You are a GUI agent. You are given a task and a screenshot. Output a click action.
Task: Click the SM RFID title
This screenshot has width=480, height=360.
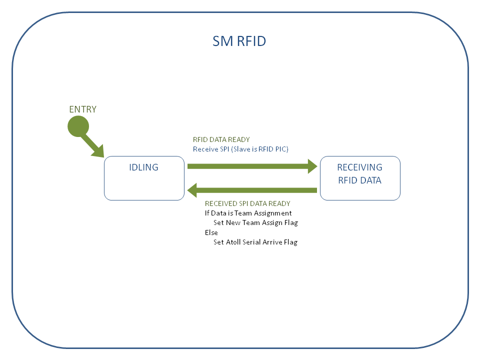(x=239, y=41)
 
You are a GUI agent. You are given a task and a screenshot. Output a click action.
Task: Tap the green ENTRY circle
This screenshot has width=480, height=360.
(x=78, y=126)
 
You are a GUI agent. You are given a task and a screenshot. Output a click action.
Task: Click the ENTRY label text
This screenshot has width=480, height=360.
(x=82, y=109)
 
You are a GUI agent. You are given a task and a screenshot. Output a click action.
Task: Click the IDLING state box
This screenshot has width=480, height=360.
(x=144, y=178)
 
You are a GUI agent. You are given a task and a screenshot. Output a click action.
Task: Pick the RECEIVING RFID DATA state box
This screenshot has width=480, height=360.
(x=360, y=178)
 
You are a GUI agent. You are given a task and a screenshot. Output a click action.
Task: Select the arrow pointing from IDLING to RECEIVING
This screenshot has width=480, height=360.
(x=250, y=166)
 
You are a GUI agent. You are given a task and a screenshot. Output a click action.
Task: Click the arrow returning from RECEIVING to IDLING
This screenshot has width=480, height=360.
(x=255, y=190)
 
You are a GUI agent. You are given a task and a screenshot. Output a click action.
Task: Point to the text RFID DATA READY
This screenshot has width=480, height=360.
(x=221, y=139)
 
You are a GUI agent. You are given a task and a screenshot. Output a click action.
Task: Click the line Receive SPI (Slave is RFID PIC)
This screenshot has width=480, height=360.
(x=240, y=149)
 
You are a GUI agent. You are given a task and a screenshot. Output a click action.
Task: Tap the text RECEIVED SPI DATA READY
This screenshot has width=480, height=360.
(x=247, y=203)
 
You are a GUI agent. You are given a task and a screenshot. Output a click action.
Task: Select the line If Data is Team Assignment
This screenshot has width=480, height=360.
(x=248, y=213)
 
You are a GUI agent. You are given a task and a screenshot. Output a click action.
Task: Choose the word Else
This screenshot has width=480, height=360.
(x=211, y=232)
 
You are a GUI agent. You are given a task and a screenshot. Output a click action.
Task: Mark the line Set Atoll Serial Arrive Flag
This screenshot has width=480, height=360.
(x=255, y=242)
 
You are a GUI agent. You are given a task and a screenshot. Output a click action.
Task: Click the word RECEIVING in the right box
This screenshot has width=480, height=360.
(x=359, y=167)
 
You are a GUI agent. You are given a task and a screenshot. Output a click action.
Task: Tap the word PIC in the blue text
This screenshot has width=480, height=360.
(x=281, y=149)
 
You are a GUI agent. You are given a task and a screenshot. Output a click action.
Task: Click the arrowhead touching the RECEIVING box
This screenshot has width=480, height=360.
(x=312, y=166)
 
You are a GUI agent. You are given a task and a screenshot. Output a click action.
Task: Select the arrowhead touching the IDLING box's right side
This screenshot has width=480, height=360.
(x=193, y=190)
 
